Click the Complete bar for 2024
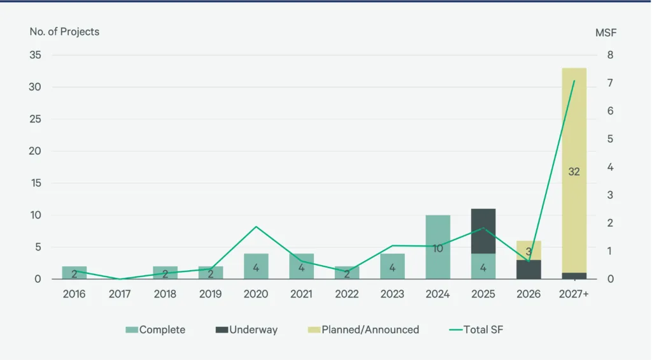[x=437, y=247]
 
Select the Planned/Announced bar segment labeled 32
[x=574, y=170]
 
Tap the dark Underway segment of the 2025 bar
[x=483, y=231]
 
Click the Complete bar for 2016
[x=74, y=273]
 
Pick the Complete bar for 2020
[x=256, y=266]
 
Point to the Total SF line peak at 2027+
[x=574, y=81]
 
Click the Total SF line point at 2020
[x=256, y=227]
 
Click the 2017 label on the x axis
[x=120, y=294]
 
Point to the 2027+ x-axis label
[x=574, y=294]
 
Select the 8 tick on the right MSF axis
[x=610, y=55]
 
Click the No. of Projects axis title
[x=64, y=31]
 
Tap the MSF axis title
[x=606, y=31]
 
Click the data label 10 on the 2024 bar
[x=437, y=248]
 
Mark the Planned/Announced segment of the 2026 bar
[x=528, y=250]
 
